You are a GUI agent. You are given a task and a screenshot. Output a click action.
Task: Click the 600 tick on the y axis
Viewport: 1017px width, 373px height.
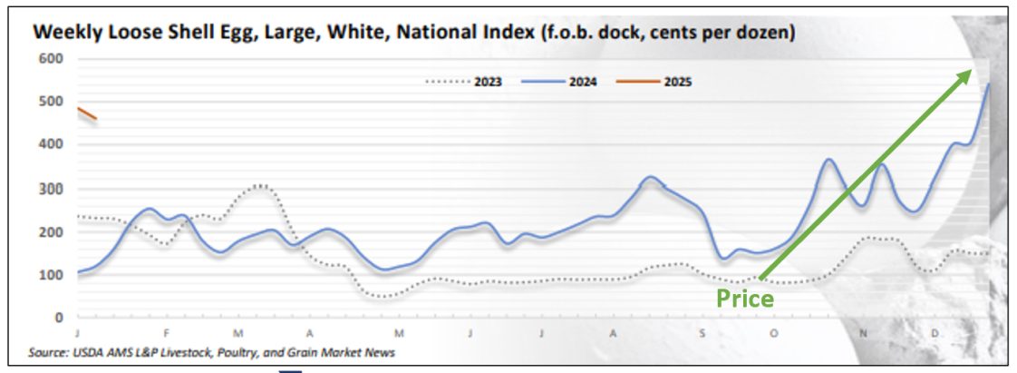[x=49, y=59]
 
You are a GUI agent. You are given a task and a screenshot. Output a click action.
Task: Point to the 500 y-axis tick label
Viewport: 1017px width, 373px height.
[x=49, y=102]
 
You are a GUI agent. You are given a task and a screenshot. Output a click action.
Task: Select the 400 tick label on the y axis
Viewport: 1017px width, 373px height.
[x=49, y=144]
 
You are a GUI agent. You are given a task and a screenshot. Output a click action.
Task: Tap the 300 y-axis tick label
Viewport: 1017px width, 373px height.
[x=49, y=189]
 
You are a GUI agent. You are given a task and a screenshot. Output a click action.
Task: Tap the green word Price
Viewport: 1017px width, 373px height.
[x=745, y=298]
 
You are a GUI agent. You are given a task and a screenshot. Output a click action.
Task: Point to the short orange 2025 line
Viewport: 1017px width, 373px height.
[x=87, y=113]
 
